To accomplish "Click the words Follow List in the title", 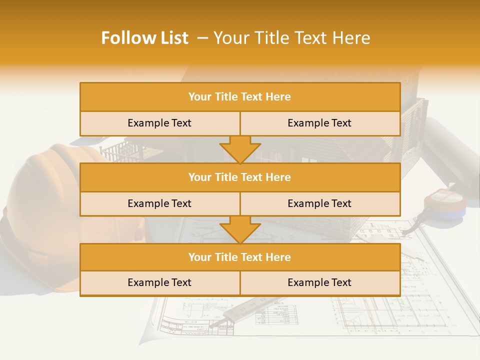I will click(x=144, y=38).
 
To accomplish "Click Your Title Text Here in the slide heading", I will click(x=291, y=38).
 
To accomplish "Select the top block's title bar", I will click(x=239, y=97).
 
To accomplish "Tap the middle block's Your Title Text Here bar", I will click(x=239, y=177).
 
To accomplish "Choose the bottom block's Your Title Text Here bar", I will click(x=239, y=257).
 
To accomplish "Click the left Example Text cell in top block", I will click(x=159, y=123).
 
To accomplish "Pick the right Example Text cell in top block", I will click(x=319, y=123).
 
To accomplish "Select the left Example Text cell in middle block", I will click(x=159, y=203).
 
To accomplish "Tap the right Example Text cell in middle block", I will click(x=319, y=203).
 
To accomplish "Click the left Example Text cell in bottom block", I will click(x=159, y=282).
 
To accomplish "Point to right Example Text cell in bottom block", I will click(x=319, y=282).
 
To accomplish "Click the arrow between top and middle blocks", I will click(x=240, y=149).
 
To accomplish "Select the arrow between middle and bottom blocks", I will click(x=240, y=229).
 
